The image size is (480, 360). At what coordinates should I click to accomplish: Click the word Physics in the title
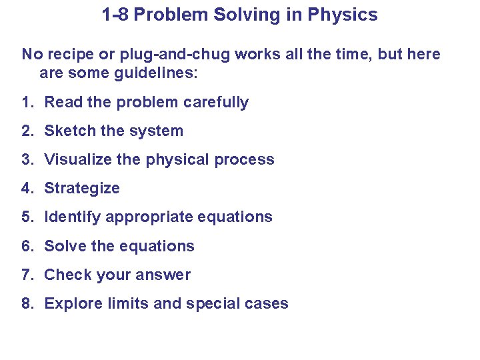coord(344,15)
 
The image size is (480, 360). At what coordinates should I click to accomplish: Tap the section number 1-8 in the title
coord(115,15)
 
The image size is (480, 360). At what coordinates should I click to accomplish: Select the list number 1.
coord(26,102)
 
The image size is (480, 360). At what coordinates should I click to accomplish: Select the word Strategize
coord(82,188)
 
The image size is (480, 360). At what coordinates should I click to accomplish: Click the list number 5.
coord(26,217)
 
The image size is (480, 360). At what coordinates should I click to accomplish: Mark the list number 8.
coord(26,303)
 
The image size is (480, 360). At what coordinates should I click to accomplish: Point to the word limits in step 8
coord(131,303)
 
